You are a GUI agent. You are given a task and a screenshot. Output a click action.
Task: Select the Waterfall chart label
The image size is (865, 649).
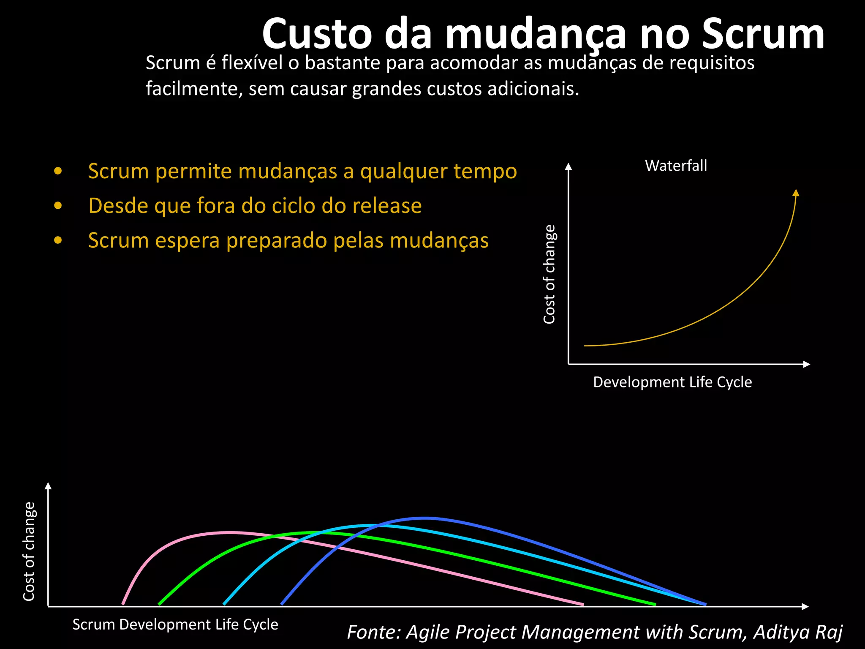676,166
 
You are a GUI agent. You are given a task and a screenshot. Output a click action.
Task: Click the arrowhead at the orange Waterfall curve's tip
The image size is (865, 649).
796,193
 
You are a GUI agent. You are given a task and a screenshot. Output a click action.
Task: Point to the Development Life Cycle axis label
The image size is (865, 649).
672,382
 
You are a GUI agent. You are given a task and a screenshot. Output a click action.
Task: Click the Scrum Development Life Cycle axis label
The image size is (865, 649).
175,624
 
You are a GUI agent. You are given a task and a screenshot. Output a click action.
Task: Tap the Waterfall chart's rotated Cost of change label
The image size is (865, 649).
549,275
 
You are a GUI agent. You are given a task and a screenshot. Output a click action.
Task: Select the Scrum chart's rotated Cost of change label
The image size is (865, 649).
29,551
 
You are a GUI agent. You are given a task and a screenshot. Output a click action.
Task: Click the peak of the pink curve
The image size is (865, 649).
228,532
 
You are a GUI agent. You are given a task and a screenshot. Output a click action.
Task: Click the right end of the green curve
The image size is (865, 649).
654,604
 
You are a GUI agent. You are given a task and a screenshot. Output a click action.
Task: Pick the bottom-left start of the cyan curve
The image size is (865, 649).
224,604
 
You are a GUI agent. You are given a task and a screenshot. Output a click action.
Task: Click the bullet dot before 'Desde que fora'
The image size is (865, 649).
58,206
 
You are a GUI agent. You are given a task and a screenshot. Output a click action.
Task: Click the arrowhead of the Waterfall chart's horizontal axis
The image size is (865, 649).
806,364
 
